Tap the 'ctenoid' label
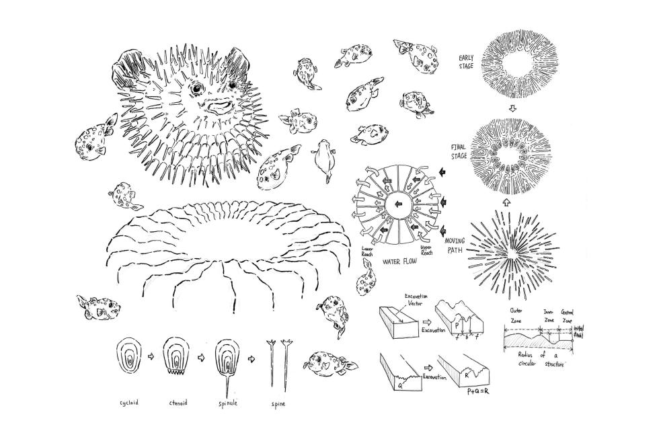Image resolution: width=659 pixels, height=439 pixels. point(177,404)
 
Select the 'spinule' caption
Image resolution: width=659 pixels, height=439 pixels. point(225,404)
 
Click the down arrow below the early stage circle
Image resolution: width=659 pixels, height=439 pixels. point(512,108)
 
